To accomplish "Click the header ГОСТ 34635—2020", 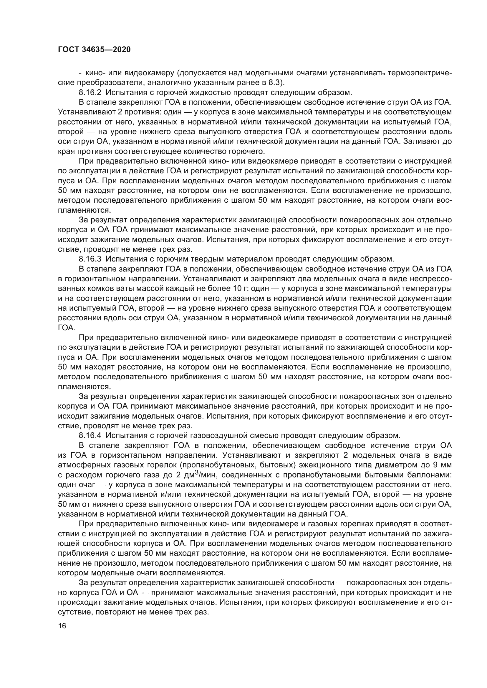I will coord(94,50).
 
